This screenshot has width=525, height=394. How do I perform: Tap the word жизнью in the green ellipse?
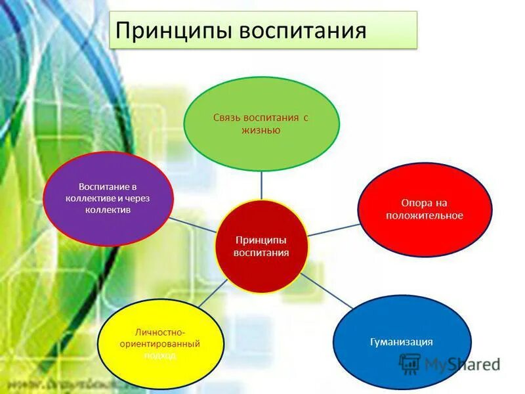tap(261, 130)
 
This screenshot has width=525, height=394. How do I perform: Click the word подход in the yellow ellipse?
tap(161, 355)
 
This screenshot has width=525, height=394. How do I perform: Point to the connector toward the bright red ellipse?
tap(333, 230)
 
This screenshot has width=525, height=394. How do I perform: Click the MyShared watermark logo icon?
tap(410, 363)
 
